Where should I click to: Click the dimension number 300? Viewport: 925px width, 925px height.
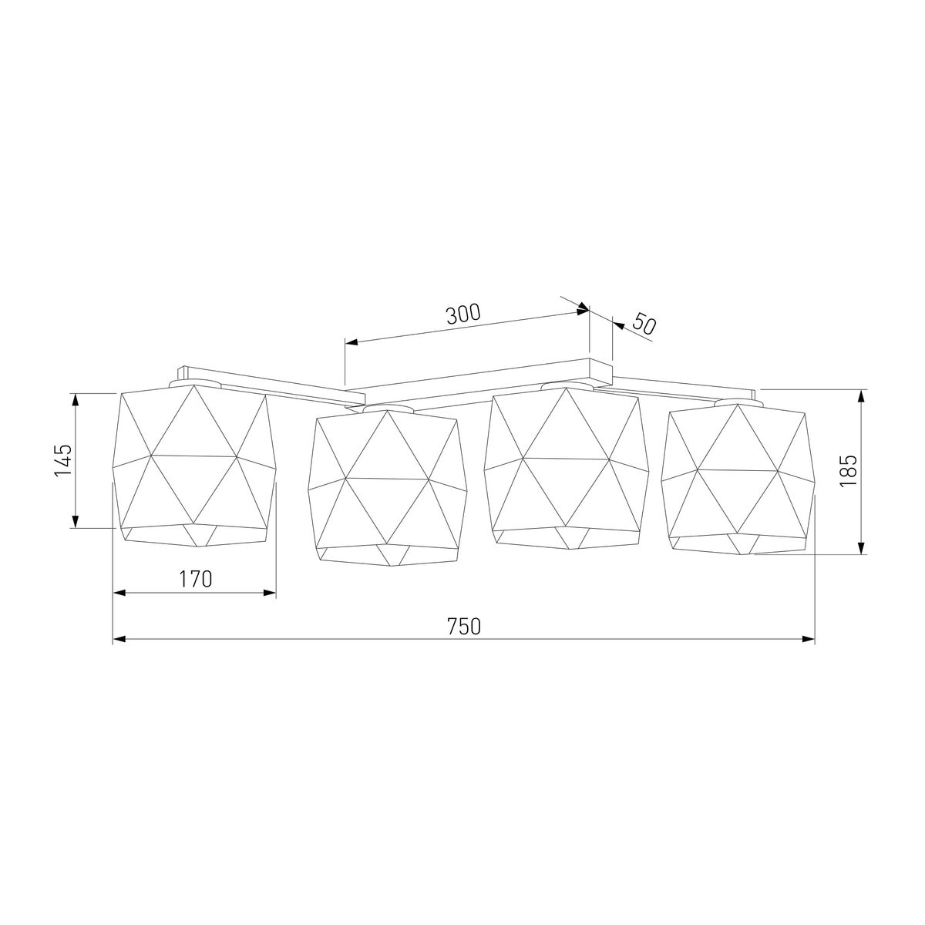[x=463, y=314]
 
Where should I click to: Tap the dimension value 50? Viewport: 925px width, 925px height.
[x=644, y=324]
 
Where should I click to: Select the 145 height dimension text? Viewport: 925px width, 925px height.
[x=63, y=460]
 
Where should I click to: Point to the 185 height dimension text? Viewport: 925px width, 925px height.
[x=849, y=470]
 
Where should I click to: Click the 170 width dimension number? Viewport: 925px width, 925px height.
[x=195, y=580]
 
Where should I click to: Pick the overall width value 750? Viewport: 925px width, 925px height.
[x=464, y=627]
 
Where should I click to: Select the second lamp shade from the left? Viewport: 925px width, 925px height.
[x=388, y=487]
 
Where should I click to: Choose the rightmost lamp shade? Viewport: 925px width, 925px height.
[x=738, y=479]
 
